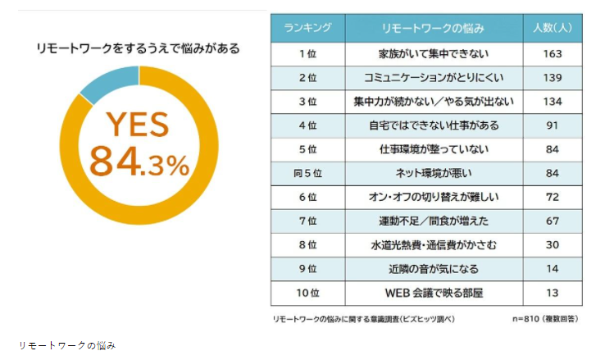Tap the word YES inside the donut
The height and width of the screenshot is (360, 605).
coord(138,125)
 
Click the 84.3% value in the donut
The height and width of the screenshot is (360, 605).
coord(139,162)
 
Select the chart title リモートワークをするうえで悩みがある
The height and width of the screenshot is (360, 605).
coord(139,48)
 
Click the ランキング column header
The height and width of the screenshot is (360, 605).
coord(307,29)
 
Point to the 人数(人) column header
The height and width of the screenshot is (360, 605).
coord(552,29)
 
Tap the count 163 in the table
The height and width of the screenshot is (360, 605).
coord(552,53)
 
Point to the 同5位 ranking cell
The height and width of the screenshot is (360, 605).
coord(307,173)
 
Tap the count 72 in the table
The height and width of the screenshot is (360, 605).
coord(552,197)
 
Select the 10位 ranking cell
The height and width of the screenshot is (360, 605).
coord(307,293)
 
